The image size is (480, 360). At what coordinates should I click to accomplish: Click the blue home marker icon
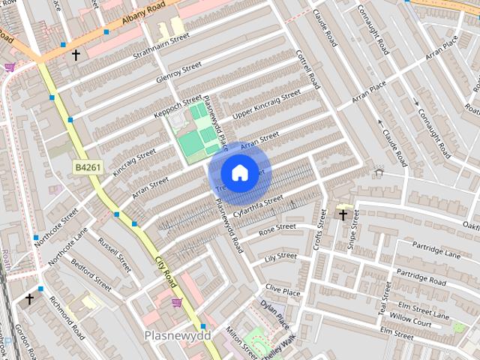238,172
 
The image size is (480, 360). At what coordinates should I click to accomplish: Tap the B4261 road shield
85,166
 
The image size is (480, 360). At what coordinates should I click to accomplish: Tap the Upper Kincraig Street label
266,104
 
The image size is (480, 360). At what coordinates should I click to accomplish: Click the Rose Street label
277,229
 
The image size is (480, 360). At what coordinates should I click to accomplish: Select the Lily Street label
281,257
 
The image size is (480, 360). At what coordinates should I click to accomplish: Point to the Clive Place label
283,289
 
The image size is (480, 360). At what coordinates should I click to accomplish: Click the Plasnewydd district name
178,334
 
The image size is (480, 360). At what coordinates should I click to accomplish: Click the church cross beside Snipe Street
343,215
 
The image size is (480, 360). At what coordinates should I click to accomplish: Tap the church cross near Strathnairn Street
75,55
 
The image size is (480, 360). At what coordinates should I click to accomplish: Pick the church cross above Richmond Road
29,298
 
